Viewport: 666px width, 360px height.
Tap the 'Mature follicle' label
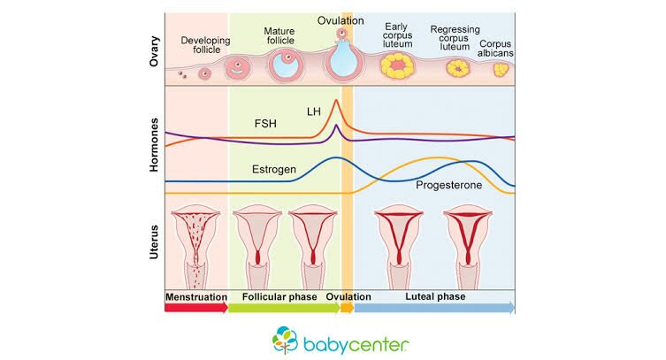pos(279,37)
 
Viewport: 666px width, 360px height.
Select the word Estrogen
pos(274,168)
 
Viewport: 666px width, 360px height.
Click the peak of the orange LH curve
pos(336,101)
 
